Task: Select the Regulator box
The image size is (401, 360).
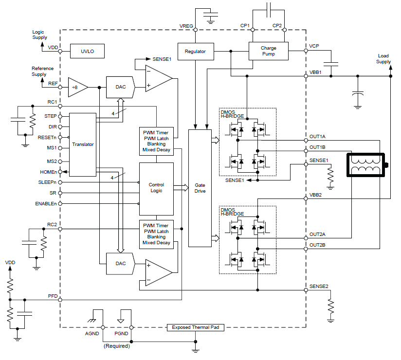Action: click(x=196, y=51)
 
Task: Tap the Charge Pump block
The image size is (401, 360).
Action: click(x=268, y=51)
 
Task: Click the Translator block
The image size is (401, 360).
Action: click(x=83, y=144)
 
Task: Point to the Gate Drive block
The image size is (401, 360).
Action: click(x=200, y=188)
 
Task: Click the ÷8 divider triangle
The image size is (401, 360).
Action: click(x=77, y=88)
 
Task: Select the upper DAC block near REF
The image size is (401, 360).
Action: click(x=120, y=87)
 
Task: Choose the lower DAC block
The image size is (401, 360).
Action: click(x=120, y=263)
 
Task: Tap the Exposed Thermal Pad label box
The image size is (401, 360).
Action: click(x=198, y=327)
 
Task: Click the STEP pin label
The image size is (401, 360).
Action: click(x=50, y=116)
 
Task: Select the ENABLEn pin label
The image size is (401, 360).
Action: click(x=46, y=203)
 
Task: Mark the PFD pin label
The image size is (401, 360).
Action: click(x=53, y=296)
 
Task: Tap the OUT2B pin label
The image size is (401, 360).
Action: click(x=318, y=245)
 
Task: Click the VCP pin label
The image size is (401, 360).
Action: click(x=314, y=46)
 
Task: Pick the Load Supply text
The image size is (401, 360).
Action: click(x=383, y=59)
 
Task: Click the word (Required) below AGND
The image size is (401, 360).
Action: click(x=116, y=346)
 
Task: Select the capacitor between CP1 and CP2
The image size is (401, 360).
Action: click(x=268, y=9)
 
